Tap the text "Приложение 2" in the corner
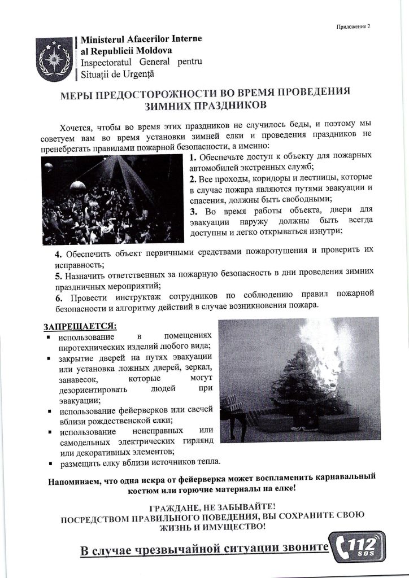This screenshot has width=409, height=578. pyautogui.click(x=352, y=25)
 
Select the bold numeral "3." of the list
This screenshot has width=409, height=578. pyautogui.click(x=194, y=211)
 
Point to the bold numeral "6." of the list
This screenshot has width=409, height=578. pyautogui.click(x=59, y=295)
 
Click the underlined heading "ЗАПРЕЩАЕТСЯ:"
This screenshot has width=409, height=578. pyautogui.click(x=80, y=326)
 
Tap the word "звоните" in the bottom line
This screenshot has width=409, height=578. pyautogui.click(x=300, y=548)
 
